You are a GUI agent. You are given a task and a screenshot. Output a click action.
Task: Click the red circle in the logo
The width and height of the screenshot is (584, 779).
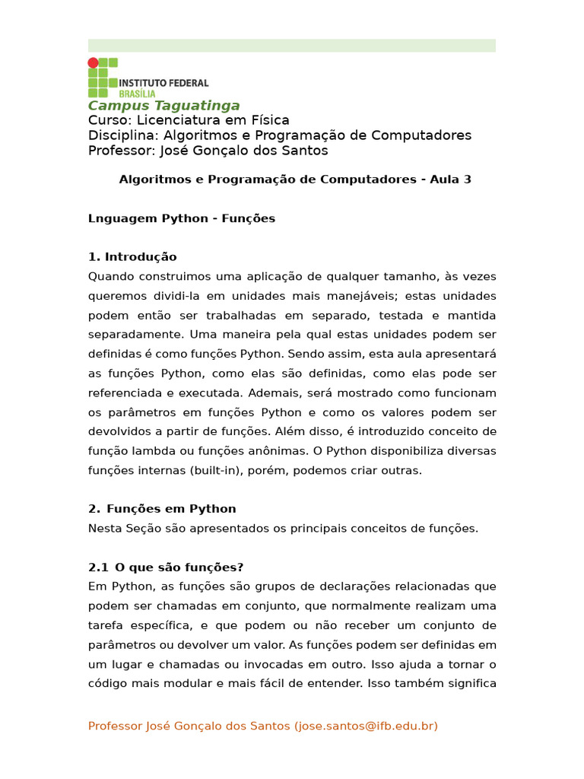[x=93, y=62]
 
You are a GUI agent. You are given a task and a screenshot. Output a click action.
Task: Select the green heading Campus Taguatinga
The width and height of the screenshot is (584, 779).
[x=163, y=106]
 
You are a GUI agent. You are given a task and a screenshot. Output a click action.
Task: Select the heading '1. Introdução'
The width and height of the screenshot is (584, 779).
[x=132, y=257]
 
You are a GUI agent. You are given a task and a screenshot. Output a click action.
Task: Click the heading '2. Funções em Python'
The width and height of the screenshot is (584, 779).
[x=162, y=509]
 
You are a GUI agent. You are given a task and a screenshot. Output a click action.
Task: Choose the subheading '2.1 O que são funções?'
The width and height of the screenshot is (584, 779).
[x=166, y=568]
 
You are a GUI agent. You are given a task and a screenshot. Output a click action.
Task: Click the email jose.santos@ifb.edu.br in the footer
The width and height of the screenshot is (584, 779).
[x=366, y=727]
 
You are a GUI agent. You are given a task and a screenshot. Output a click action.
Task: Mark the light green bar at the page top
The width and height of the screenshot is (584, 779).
[x=291, y=46]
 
